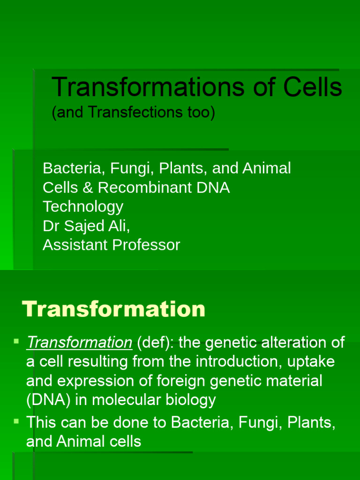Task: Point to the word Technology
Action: [x=83, y=207]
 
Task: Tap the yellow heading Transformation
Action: [x=114, y=309]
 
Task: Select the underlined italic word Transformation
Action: [x=79, y=343]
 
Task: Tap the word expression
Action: [x=99, y=381]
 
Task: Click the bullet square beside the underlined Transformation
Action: [x=16, y=341]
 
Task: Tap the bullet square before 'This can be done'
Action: [x=16, y=422]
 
